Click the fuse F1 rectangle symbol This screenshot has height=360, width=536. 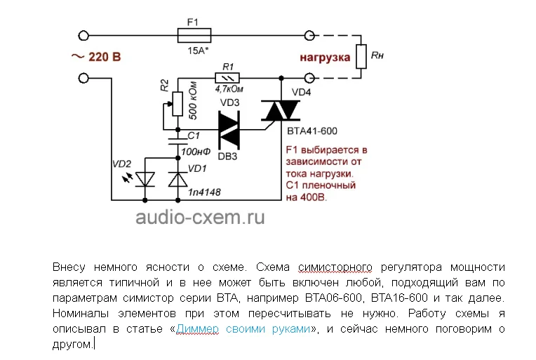(193, 35)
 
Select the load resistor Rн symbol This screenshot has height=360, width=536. (361, 56)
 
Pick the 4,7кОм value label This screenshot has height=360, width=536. (228, 90)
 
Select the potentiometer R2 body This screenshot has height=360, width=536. (177, 104)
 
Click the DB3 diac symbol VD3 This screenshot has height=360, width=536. (229, 130)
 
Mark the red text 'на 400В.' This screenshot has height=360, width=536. (307, 199)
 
